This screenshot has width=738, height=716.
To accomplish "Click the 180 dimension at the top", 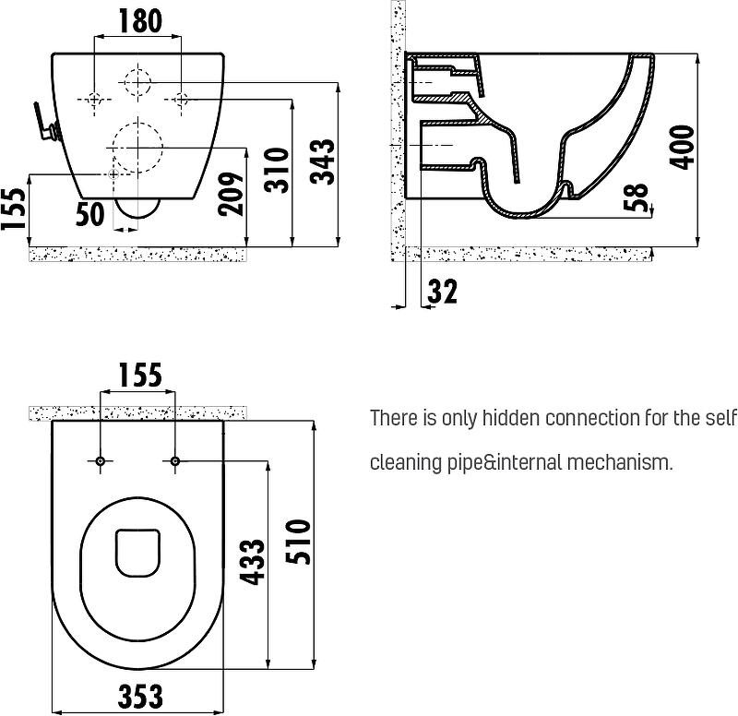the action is tap(140, 20).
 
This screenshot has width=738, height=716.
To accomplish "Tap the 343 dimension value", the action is tap(324, 161).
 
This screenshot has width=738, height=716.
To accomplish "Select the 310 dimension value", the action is tap(276, 170).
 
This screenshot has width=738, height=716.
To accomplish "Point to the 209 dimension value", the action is tap(232, 194).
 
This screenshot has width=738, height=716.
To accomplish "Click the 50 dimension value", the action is tap(89, 214).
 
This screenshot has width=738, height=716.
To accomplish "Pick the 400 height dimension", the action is tap(682, 147).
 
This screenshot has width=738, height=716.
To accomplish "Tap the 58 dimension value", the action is tap(636, 197).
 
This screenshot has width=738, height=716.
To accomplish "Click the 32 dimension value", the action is tap(443, 292).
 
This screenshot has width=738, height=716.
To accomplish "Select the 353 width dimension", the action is tap(140, 697).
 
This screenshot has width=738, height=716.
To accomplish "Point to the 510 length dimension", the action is tap(298, 542).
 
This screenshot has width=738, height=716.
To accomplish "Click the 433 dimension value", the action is tap(253, 562).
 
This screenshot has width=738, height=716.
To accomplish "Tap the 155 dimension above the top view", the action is tap(140, 376).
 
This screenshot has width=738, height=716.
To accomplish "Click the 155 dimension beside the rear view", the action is tap(13, 209).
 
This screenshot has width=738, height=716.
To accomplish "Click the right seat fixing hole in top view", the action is tap(175, 460).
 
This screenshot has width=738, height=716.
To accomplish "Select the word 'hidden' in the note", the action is tap(511, 418).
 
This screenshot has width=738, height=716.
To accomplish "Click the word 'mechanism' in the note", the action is tap(620, 462).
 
